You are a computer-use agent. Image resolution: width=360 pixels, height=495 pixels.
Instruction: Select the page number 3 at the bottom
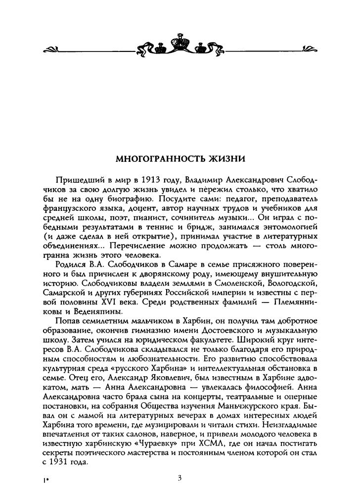[180, 477]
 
